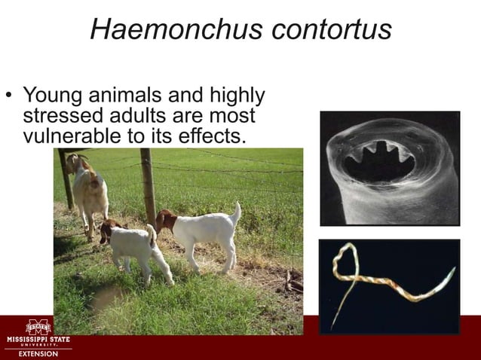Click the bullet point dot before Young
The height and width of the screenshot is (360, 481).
tap(9, 96)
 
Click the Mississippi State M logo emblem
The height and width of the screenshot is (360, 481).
tap(38, 328)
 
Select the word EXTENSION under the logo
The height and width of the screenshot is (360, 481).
tap(38, 354)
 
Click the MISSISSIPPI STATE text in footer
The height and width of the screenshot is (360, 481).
tap(38, 340)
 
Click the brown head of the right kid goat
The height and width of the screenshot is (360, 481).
tap(166, 221)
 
